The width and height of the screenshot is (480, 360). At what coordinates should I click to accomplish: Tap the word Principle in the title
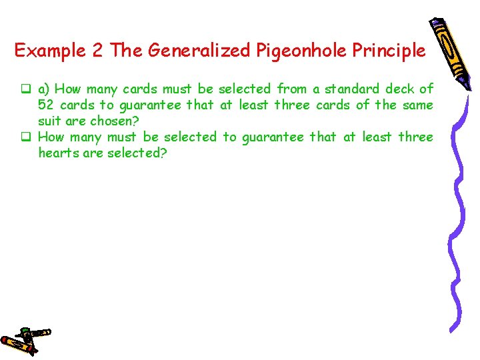tap(390, 51)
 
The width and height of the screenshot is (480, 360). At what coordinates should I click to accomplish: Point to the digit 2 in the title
tap(99, 51)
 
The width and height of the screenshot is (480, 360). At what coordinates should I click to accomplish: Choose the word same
tap(418, 105)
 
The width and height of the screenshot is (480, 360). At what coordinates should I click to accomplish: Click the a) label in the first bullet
tap(44, 89)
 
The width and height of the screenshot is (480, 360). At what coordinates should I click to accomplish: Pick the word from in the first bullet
tap(291, 89)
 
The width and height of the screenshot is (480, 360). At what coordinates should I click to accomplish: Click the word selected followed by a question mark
tap(139, 153)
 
